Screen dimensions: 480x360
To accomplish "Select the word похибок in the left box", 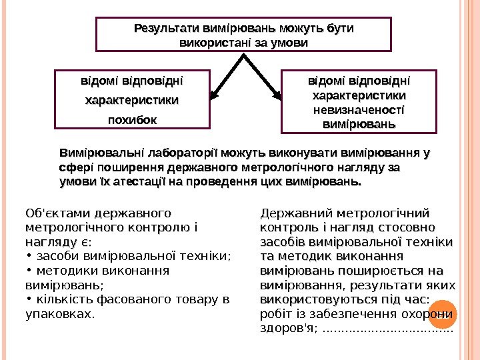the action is (x=133, y=121).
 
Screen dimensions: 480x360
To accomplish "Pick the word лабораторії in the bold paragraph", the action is (x=181, y=153).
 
